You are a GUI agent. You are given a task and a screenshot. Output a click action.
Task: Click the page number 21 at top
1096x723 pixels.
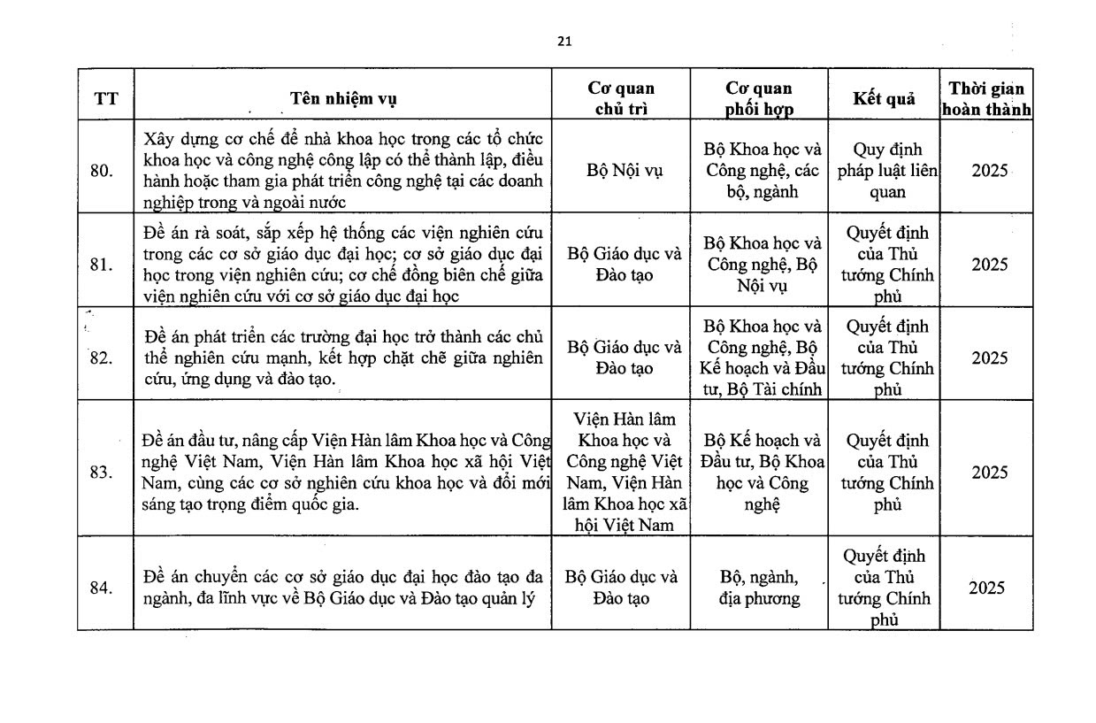click(564, 41)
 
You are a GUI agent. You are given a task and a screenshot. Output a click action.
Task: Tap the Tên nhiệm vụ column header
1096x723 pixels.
click(343, 98)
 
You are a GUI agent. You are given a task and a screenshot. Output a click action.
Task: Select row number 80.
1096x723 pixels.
click(102, 171)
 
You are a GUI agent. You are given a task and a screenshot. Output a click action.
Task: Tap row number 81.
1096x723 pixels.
click(102, 265)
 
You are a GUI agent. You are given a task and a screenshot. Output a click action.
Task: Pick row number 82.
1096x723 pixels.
click(102, 358)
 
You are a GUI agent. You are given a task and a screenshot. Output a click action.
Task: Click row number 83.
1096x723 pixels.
click(102, 472)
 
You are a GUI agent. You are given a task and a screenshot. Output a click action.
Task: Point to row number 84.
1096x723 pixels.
click(102, 588)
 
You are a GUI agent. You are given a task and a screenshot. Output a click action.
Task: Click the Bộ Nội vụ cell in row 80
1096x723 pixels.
click(620, 171)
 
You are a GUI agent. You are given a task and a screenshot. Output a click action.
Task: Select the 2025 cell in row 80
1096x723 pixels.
click(989, 171)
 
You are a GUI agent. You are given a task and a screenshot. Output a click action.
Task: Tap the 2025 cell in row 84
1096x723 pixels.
click(986, 588)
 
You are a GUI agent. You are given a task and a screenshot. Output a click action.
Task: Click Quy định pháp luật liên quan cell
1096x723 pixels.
click(884, 171)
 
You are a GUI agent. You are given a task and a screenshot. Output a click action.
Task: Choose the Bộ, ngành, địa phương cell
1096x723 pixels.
click(759, 588)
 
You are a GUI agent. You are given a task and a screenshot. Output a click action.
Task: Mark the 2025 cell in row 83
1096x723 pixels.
click(989, 472)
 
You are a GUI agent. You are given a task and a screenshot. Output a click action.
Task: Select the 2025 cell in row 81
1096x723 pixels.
click(989, 265)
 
